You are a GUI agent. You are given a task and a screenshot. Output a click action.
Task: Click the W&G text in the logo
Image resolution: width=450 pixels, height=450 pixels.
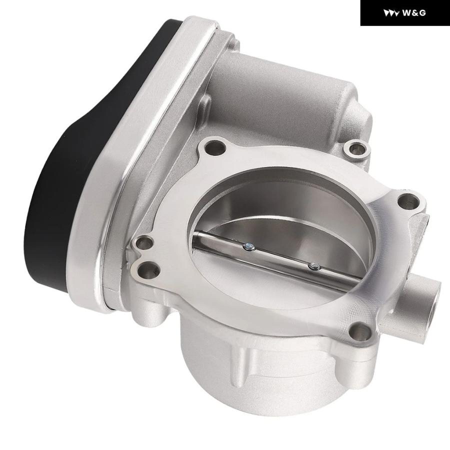414,13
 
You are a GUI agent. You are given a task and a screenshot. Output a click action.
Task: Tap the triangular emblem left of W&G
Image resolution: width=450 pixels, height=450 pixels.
391,13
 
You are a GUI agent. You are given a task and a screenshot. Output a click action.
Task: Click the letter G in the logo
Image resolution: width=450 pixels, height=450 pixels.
422,13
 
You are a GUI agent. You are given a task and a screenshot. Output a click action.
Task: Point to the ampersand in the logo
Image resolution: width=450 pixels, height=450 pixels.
414,13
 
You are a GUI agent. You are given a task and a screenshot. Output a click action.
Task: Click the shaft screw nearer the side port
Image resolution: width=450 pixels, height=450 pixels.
314,266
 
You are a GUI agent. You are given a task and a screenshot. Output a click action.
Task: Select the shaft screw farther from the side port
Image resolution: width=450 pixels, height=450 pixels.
248,246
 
